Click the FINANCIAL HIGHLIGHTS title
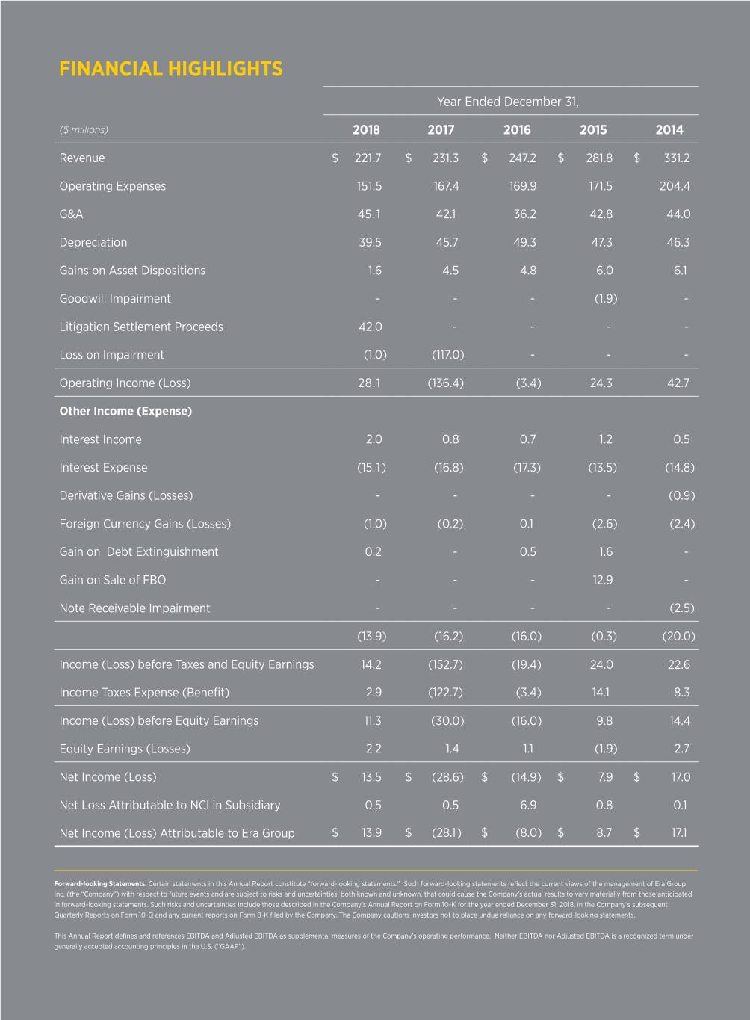[x=170, y=69]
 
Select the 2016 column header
[x=517, y=130]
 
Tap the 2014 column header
[x=669, y=130]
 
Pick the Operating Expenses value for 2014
[x=675, y=186]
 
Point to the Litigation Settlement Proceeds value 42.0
[x=370, y=327]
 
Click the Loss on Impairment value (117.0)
[x=448, y=355]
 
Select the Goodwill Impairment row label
[x=115, y=299]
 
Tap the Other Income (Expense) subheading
[x=125, y=411]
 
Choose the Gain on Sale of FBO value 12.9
[x=602, y=580]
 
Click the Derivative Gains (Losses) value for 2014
[x=681, y=495]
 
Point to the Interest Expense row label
[x=103, y=468]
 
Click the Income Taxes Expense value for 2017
[x=445, y=693]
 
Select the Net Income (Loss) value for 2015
[x=605, y=777]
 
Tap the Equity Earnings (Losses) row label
[x=125, y=749]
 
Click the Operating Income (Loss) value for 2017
[x=445, y=383]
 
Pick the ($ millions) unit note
[x=84, y=130]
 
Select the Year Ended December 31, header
[x=507, y=102]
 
